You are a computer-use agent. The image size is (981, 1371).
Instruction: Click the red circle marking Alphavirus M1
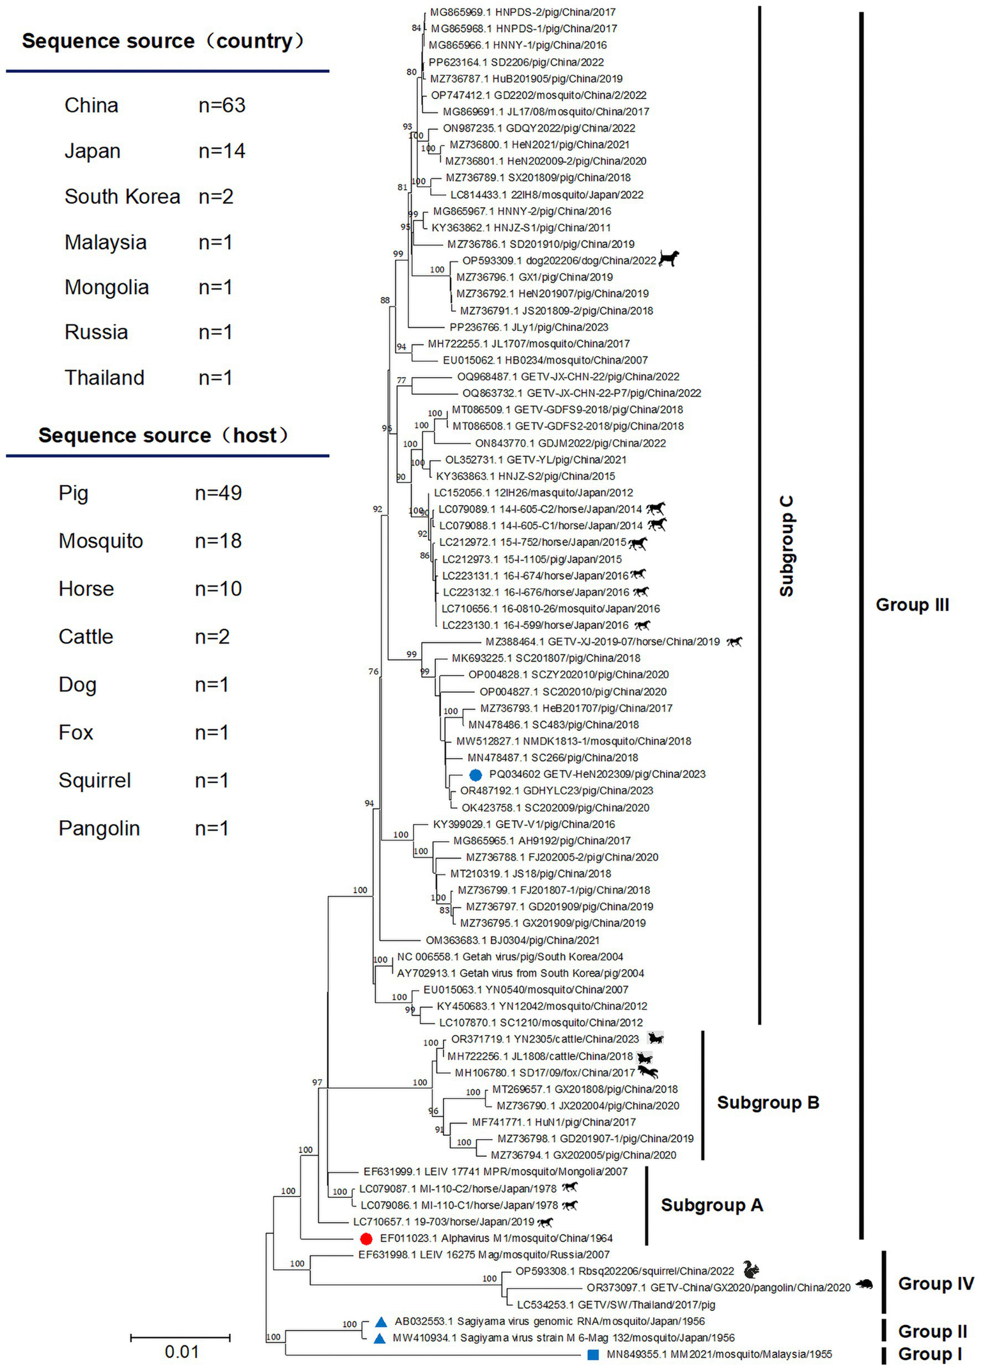tap(366, 1239)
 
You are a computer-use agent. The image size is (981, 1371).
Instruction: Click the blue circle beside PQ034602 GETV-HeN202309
tap(475, 775)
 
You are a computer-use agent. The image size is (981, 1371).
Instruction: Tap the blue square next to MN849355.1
tap(593, 1354)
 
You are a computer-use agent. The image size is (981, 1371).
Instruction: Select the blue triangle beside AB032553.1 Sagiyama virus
tap(381, 1321)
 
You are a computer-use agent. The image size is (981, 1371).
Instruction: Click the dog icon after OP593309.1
tap(668, 258)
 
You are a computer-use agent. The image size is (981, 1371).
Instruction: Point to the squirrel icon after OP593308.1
tap(751, 1270)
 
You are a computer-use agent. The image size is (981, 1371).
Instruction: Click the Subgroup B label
tap(768, 1103)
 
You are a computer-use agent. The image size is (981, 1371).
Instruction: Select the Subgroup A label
tap(711, 1205)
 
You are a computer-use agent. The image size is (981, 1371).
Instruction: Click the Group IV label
tap(936, 1283)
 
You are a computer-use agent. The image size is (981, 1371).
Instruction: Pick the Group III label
tap(912, 605)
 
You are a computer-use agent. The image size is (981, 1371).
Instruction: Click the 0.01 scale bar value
tap(182, 1352)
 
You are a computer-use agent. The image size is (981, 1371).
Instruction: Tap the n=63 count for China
tap(222, 105)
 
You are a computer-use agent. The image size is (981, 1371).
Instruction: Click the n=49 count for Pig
tap(218, 493)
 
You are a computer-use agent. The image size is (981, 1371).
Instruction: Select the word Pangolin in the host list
tap(99, 828)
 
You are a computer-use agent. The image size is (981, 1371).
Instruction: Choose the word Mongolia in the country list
tap(107, 288)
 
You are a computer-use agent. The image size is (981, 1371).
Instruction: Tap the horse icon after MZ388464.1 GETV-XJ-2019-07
tap(734, 642)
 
